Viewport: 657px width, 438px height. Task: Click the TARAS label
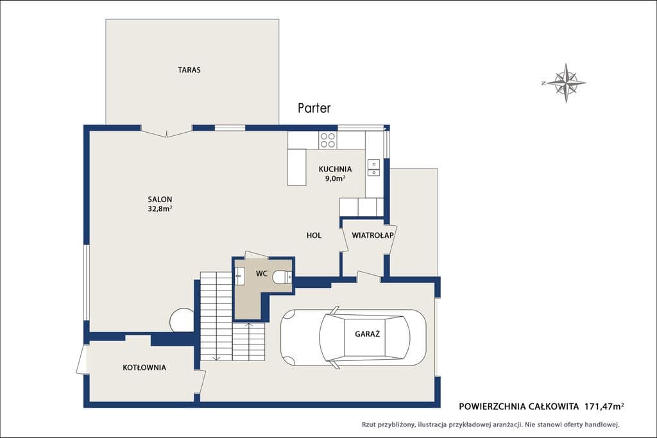coord(189,70)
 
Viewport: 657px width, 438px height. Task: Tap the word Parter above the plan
coord(314,108)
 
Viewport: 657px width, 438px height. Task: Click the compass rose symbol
coord(566,83)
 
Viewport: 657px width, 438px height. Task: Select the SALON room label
coord(160,199)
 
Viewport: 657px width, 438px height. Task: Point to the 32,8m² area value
coord(160,208)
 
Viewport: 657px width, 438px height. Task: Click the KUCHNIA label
coord(335,169)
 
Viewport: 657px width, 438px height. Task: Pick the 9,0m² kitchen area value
coord(335,178)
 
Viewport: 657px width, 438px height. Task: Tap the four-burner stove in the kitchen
coord(327,140)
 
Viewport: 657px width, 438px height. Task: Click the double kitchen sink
coord(373,167)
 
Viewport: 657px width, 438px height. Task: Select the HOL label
coord(314,235)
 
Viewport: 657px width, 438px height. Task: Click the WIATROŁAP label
coord(373,235)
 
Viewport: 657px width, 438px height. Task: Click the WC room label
coord(262,274)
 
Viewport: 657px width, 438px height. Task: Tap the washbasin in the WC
coord(240,276)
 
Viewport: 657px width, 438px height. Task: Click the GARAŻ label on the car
coord(368,334)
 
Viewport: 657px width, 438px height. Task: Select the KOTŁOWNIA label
coord(144,367)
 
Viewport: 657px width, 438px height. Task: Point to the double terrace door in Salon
coord(167,132)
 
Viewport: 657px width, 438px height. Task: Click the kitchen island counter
coord(297,167)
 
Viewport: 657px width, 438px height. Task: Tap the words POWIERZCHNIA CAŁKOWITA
coord(520,406)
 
